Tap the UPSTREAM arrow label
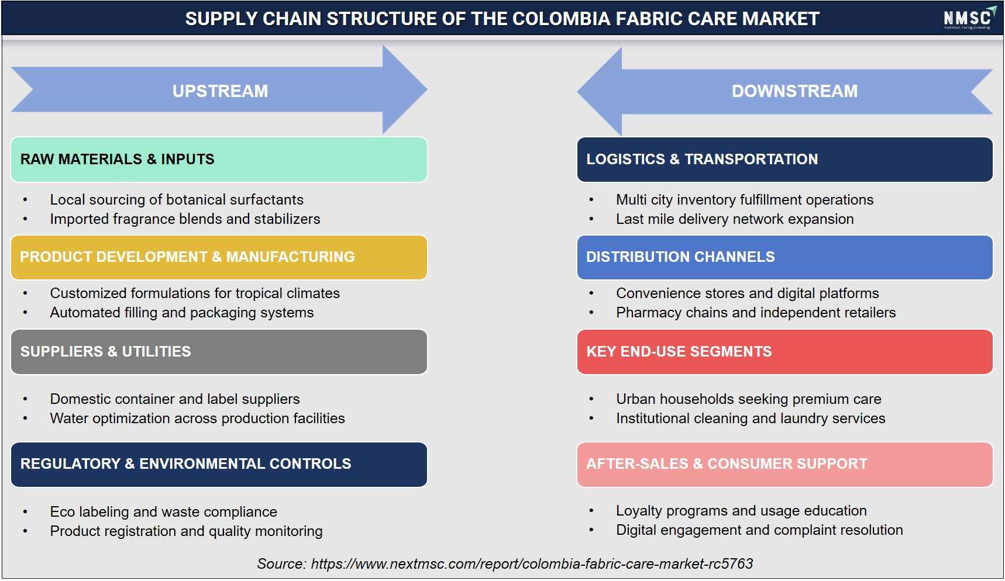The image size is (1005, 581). [220, 91]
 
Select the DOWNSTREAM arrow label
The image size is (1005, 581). [794, 91]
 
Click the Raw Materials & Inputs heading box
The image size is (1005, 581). [219, 160]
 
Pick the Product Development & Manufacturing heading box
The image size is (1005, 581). [219, 257]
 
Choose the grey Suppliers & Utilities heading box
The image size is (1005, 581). [219, 352]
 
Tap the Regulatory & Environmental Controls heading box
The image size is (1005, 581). [219, 465]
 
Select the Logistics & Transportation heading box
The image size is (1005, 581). [784, 160]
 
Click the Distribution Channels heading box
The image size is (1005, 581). [784, 257]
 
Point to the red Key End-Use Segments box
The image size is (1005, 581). [784, 352]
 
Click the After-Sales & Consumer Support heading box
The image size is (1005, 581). [784, 465]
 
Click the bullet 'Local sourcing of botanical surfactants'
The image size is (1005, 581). [177, 200]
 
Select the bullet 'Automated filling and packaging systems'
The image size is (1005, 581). [182, 313]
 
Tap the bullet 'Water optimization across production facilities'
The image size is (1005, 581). [197, 419]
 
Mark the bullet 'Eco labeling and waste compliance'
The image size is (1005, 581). [163, 512]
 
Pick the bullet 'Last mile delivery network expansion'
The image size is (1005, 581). [735, 219]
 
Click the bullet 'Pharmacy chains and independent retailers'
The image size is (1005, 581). [756, 313]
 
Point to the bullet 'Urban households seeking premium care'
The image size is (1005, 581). [748, 399]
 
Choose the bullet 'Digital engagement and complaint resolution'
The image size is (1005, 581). [759, 530]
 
